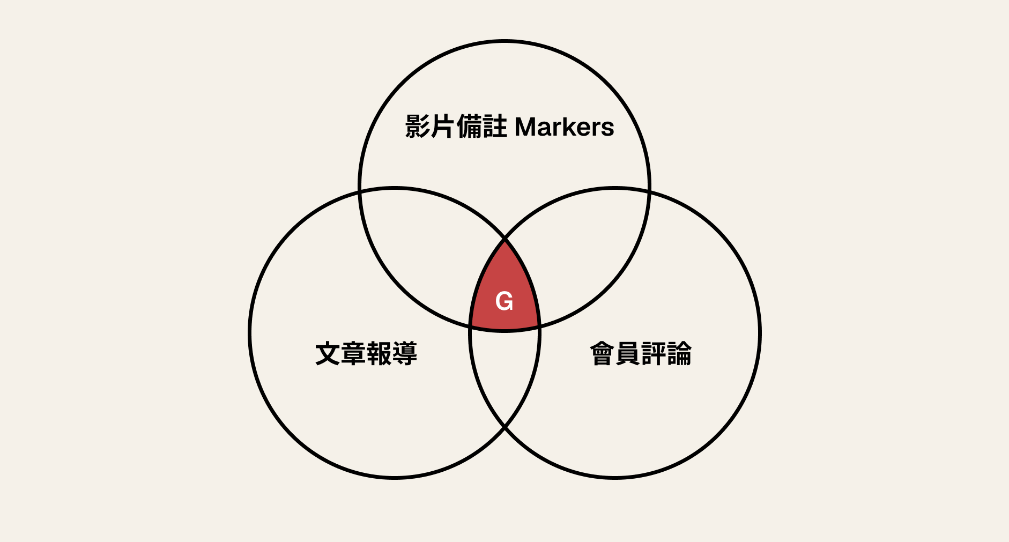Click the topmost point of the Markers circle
coord(505,41)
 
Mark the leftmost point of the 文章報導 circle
coord(250,332)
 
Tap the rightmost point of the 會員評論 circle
coord(760,332)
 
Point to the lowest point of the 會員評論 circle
coord(615,477)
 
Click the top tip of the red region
coord(505,239)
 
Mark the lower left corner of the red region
coord(470,325)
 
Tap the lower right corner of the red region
coord(539,325)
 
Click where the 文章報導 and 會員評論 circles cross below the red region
coord(505,427)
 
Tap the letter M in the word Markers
coord(525,127)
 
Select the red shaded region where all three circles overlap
coord(505,292)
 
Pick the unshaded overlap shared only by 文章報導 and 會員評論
coord(505,375)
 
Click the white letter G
coord(505,301)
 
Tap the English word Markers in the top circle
coord(565,127)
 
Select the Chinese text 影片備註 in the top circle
coord(456,127)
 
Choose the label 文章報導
coord(366,354)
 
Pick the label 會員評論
coord(641,354)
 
